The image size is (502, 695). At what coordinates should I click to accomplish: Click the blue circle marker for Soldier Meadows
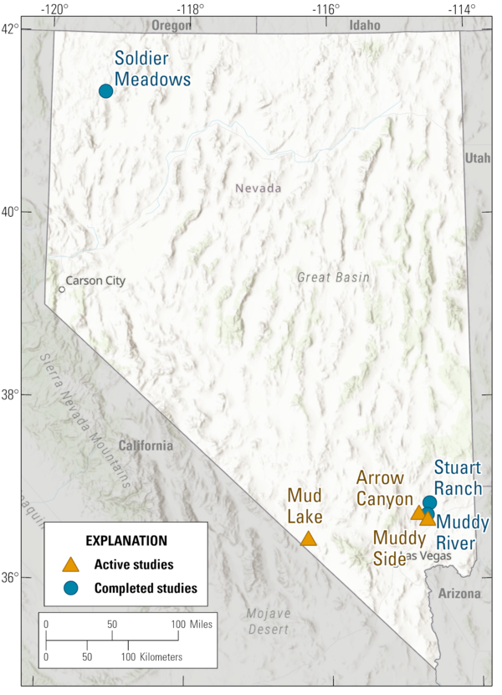[x=105, y=90]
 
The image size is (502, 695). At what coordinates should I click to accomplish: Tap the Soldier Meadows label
[x=152, y=69]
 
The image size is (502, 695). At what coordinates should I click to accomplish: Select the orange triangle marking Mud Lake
[x=309, y=538]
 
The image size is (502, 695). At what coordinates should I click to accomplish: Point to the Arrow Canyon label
[x=387, y=487]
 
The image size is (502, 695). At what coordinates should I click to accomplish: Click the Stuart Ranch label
[x=457, y=478]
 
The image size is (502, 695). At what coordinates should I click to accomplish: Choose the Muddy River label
[x=463, y=533]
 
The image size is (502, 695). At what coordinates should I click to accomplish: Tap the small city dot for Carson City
[x=61, y=290]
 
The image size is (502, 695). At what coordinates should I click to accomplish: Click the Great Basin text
[x=332, y=277]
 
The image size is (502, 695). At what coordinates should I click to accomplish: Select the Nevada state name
[x=258, y=188]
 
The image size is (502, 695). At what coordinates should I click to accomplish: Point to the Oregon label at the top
[x=171, y=25]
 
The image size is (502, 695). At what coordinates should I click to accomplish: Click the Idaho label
[x=365, y=25]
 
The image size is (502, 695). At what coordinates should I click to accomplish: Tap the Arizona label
[x=458, y=594]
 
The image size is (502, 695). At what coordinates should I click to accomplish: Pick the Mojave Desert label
[x=268, y=621]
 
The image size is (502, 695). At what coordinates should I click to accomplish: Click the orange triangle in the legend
[x=72, y=564]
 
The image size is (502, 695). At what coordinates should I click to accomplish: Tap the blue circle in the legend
[x=72, y=588]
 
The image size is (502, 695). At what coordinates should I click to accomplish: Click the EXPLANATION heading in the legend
[x=126, y=541]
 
